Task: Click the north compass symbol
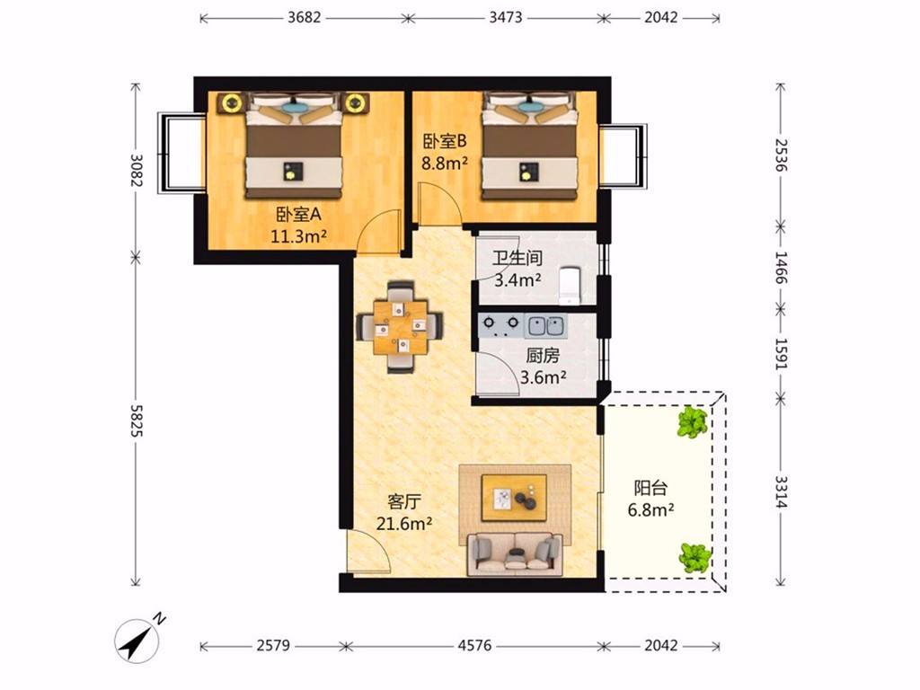coord(137,640)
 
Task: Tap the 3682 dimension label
coord(304,18)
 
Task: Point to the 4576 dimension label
coord(474,646)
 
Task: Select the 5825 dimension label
coord(137,420)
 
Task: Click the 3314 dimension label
coord(781,491)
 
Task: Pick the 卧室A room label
coord(299,215)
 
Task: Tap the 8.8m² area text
coord(445,164)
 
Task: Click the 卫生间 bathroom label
coord(517,258)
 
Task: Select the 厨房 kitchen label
coord(543,356)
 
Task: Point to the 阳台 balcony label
coord(650,488)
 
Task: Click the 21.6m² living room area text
coord(404,523)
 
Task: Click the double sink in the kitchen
coord(545,325)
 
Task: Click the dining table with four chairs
coord(399,327)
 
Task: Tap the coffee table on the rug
coord(514,498)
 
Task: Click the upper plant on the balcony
coord(693,422)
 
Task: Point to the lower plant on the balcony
coord(695,557)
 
